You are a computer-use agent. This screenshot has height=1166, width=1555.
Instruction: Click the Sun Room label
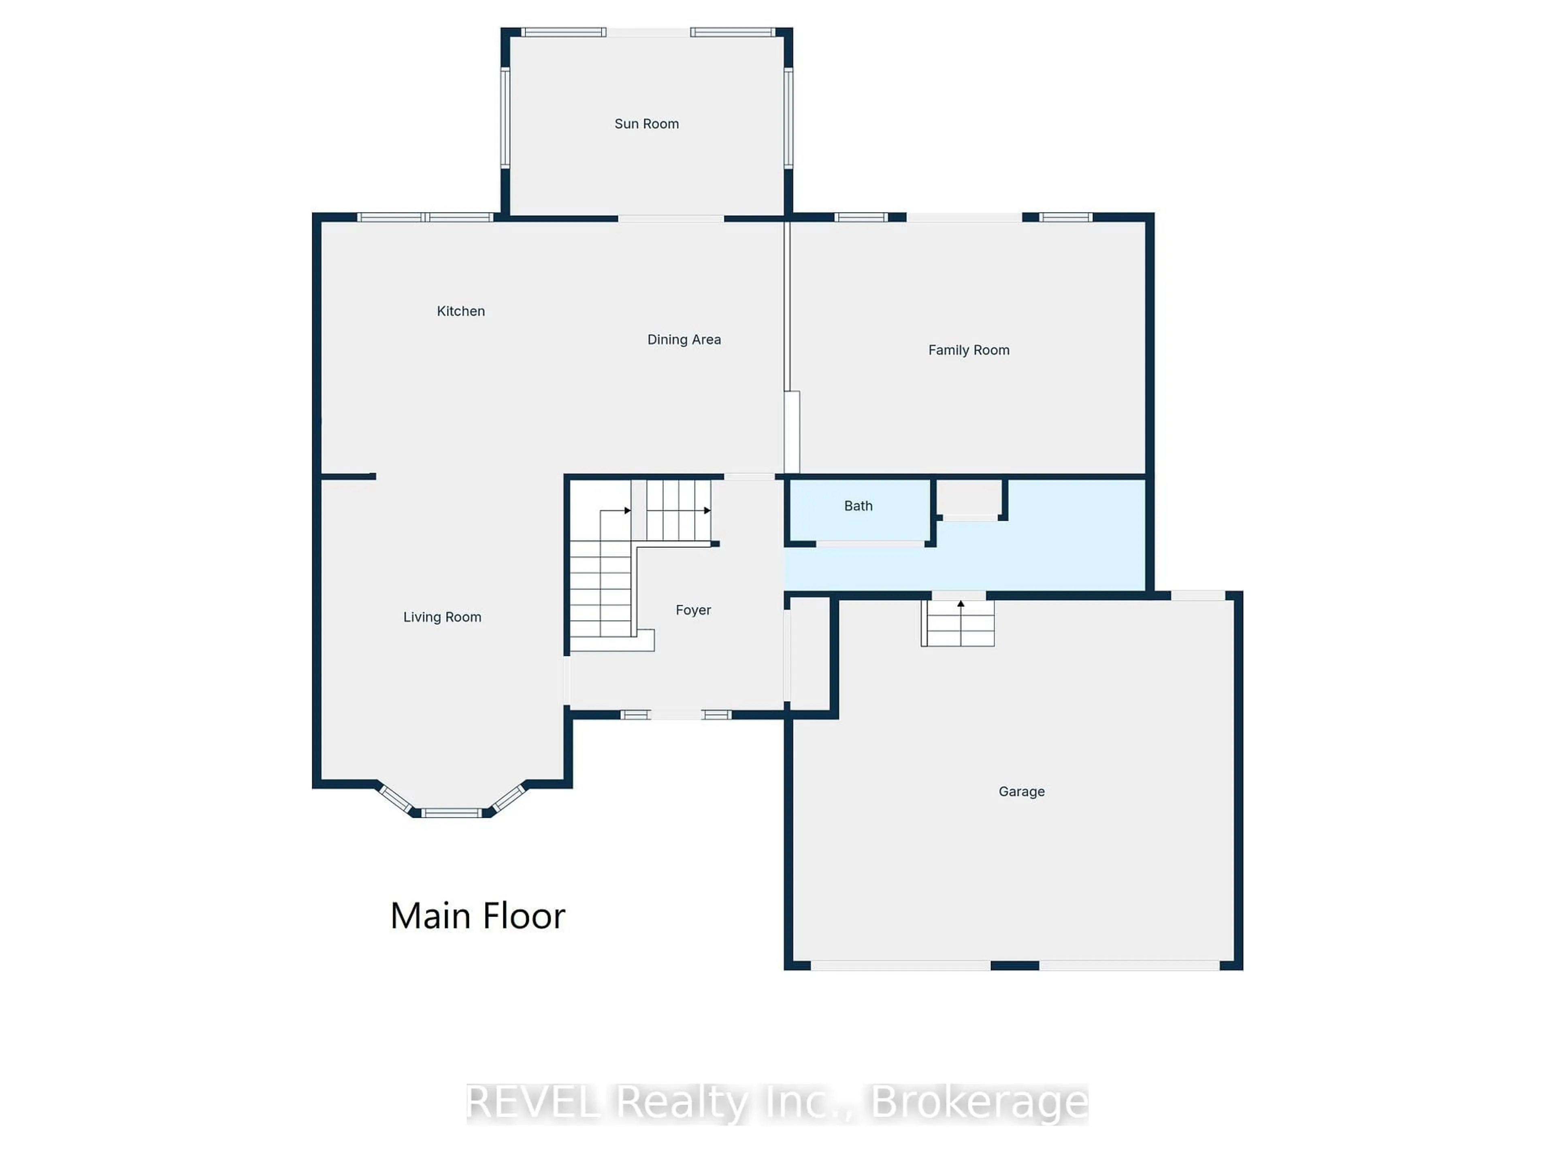pos(646,124)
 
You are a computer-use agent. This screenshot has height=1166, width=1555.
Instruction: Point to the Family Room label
pos(968,350)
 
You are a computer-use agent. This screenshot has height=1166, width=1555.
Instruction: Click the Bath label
pos(858,506)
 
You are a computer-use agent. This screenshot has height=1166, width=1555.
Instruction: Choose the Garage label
pos(1021,792)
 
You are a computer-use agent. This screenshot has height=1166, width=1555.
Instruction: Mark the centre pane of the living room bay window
pos(452,813)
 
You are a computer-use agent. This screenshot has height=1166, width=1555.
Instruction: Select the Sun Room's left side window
pos(505,117)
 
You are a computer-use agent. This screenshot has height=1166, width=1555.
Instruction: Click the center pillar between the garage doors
pos(1014,966)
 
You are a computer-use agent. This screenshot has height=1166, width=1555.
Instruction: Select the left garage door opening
pos(901,966)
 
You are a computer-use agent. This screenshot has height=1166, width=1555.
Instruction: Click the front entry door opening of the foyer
pos(675,715)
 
